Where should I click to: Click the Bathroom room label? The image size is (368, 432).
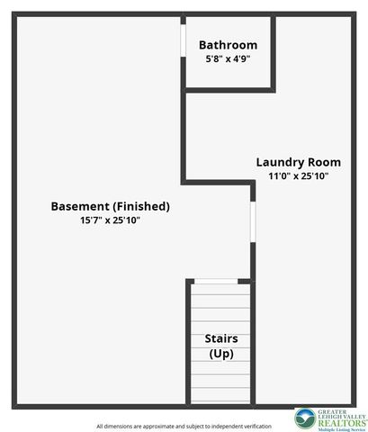coord(228,45)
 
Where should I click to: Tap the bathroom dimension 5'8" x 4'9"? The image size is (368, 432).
coord(228,58)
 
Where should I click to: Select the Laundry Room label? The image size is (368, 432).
coord(299,162)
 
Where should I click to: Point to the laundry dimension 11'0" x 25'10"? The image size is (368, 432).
coord(299,175)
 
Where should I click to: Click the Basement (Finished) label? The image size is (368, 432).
coord(111,206)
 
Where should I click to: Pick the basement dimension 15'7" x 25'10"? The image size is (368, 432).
coord(110,220)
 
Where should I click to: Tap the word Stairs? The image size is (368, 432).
coord(221,338)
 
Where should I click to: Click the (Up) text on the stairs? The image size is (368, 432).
coord(221,354)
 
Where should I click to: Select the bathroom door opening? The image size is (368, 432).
coord(183,40)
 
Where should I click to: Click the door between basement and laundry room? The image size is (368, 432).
coord(253,222)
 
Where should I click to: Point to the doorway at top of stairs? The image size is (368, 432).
coord(216,282)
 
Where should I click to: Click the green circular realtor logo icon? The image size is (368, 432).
coord(305,418)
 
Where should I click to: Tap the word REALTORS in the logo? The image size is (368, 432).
coord(343,423)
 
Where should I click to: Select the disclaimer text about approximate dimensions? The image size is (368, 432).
coord(184,426)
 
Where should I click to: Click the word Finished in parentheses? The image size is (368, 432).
coord(141,206)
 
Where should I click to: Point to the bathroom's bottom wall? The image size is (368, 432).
coord(229,90)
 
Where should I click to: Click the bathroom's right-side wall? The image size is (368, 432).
coord(274,54)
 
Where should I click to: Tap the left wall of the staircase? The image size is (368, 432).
coord(188,343)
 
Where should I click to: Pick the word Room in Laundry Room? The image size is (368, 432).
coord(325,162)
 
